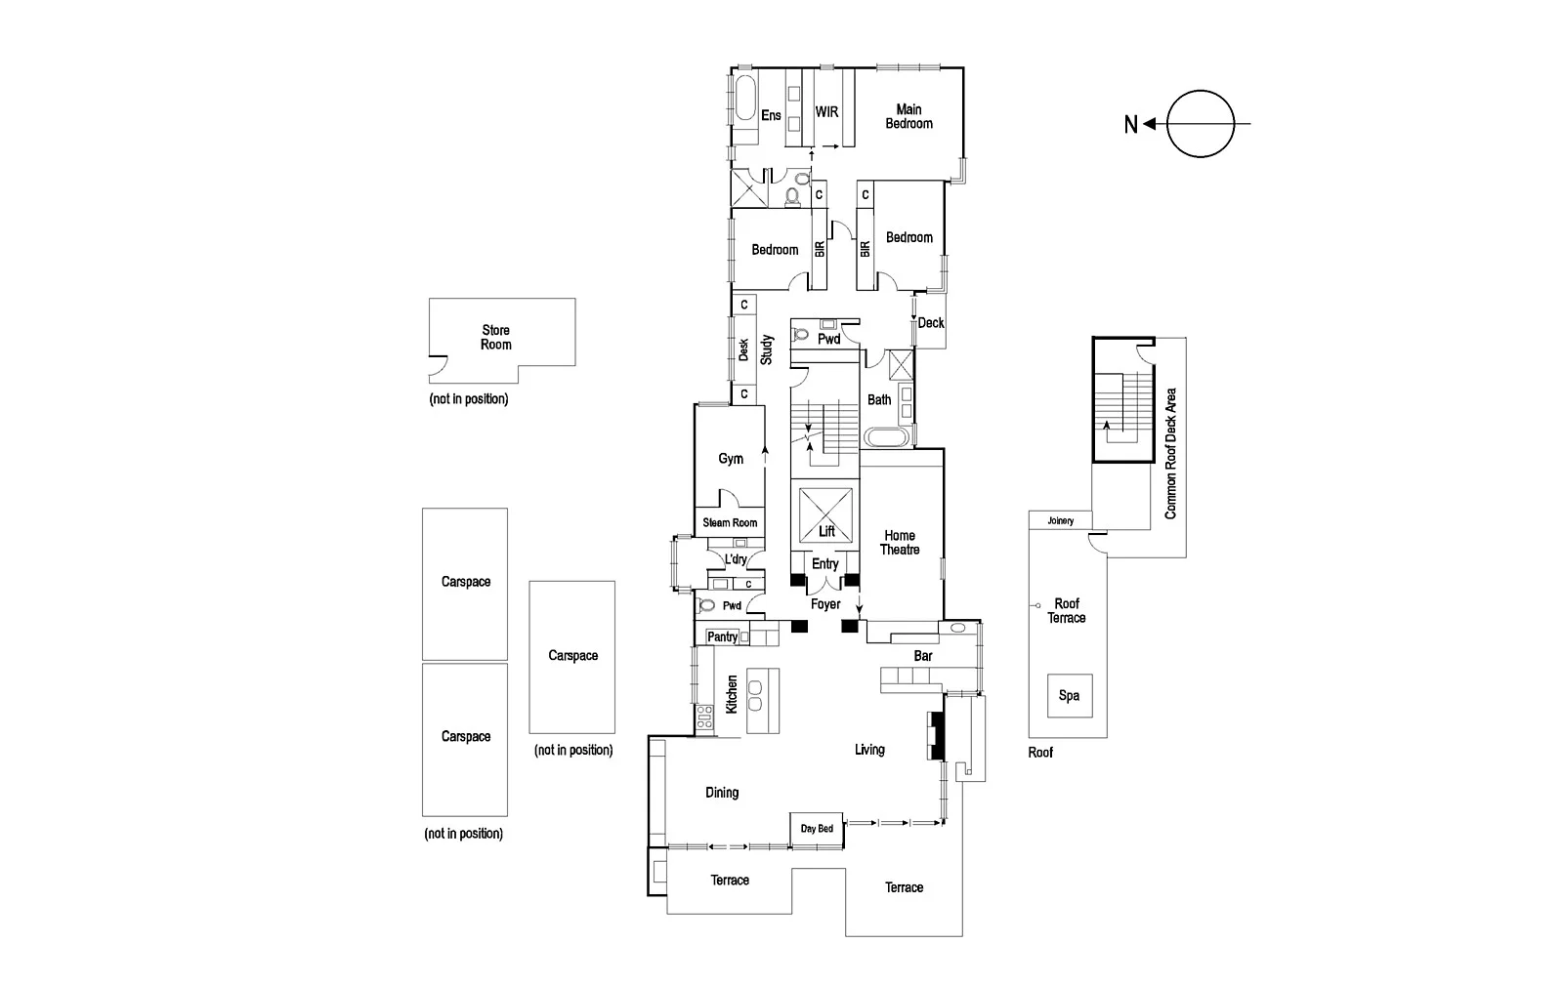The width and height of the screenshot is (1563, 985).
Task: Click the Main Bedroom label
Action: [908, 116]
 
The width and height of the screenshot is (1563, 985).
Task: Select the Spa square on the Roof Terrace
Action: [1069, 696]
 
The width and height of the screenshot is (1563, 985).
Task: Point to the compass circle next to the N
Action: [1201, 124]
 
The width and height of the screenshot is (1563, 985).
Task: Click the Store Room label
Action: [495, 338]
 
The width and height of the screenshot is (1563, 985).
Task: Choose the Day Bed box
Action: [817, 829]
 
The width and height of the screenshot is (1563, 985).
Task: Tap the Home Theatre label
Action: [900, 543]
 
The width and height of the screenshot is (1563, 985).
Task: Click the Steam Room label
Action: [730, 523]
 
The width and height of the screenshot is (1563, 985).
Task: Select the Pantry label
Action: [722, 637]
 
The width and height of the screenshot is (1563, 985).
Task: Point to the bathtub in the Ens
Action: [744, 107]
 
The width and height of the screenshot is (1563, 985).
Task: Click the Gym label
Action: [731, 459]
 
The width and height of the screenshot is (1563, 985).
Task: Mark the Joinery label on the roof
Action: [1060, 521]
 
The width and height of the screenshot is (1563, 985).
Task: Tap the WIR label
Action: [826, 112]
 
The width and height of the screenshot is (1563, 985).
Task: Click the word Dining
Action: [722, 793]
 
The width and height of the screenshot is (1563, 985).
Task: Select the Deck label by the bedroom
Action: [931, 323]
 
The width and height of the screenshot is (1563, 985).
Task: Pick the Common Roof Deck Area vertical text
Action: [1170, 453]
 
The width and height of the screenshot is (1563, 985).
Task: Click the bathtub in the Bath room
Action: [887, 436]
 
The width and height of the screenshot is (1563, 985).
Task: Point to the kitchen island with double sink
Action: [763, 700]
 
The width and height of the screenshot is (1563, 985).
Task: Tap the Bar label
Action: [922, 656]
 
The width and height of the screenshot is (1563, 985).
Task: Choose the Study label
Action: [767, 349]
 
